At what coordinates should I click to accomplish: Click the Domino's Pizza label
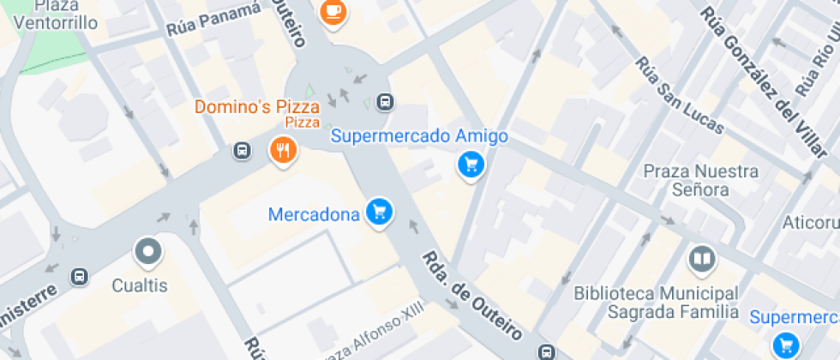coord(256,108)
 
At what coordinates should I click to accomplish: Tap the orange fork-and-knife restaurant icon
coord(283,151)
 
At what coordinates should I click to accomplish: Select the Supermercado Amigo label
coord(419,136)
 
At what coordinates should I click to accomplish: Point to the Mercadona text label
coord(314,214)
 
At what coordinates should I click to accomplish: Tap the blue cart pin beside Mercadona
coord(379,211)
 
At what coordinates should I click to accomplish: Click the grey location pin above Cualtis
coord(148,252)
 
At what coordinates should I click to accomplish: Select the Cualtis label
coord(141,285)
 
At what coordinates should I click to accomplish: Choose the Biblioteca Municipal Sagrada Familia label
coord(657,302)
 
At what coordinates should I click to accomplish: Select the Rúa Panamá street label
coord(213,19)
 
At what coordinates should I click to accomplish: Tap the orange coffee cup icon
coord(333,11)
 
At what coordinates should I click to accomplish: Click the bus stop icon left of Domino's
coord(243,151)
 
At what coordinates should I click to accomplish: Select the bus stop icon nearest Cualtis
coord(80,276)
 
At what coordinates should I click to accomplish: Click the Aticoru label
coord(810,223)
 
